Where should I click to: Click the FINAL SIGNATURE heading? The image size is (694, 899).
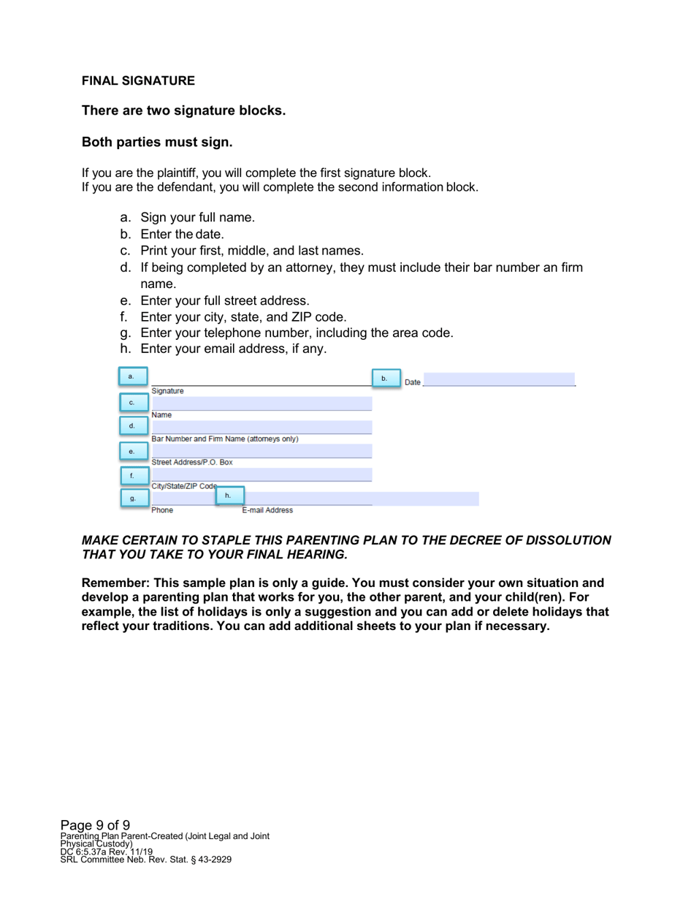(x=138, y=80)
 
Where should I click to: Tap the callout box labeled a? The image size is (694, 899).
(x=132, y=376)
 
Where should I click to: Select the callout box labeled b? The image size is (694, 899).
(x=385, y=379)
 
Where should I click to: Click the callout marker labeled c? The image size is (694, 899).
(x=132, y=402)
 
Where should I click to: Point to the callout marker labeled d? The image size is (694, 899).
(x=132, y=425)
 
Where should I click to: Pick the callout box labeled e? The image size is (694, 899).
(x=132, y=451)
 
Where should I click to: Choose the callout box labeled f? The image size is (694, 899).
(x=132, y=475)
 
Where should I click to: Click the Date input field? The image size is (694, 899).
(x=499, y=379)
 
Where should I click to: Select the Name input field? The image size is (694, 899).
(x=261, y=403)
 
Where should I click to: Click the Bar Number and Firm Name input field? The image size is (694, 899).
(x=261, y=427)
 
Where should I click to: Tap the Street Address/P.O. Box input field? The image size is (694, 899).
(x=261, y=451)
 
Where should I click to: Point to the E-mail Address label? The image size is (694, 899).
(x=267, y=511)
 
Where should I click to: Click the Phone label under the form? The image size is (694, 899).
(x=162, y=511)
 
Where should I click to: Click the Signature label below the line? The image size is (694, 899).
(x=167, y=391)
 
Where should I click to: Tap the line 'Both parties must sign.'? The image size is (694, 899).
(x=157, y=142)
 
